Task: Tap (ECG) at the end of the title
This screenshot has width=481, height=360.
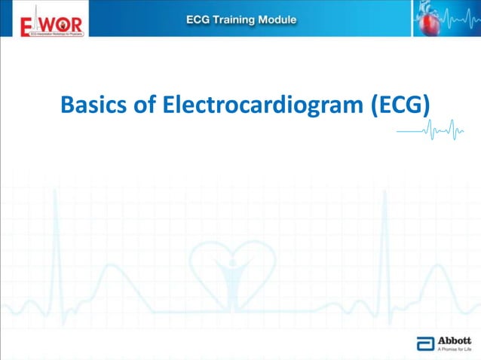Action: coord(401,105)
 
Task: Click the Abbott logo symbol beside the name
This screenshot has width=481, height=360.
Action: coord(425,344)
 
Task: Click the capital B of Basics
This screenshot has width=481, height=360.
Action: coord(66,105)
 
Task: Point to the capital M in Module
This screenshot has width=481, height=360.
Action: coord(267,20)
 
